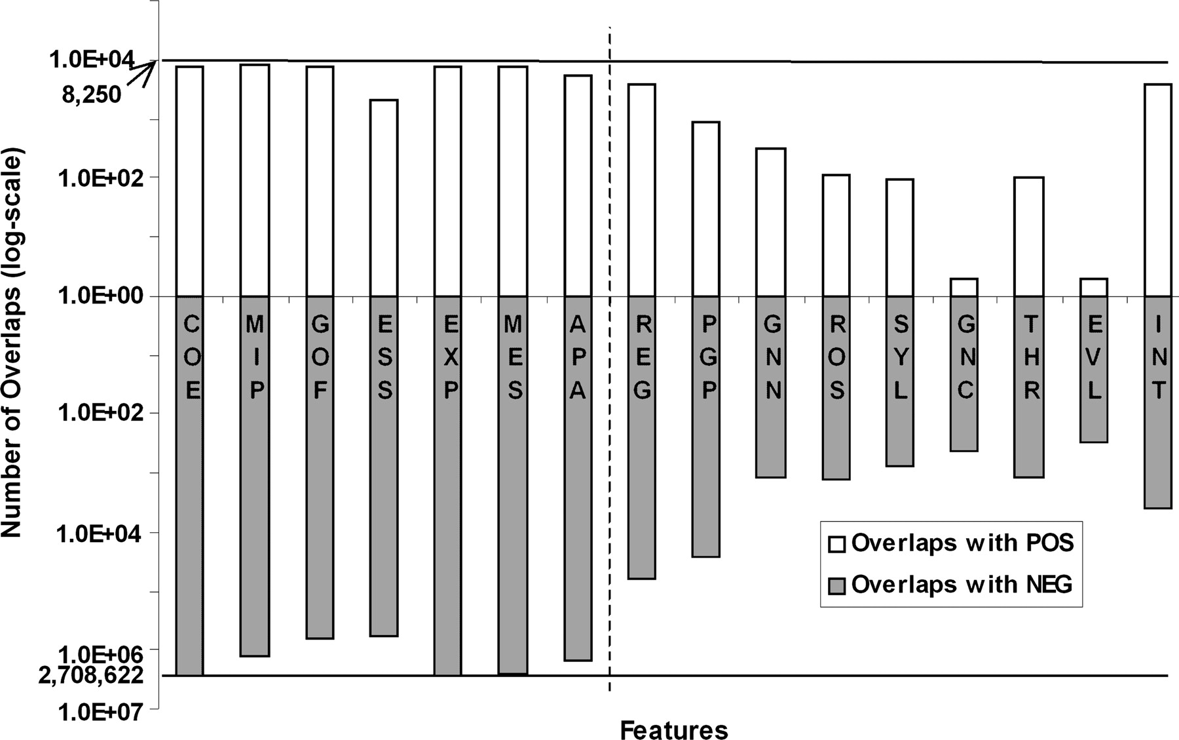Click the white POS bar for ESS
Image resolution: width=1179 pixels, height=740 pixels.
pyautogui.click(x=384, y=198)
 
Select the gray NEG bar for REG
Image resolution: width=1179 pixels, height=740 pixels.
pyautogui.click(x=642, y=438)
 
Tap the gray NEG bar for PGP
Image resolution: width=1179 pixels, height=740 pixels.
pyautogui.click(x=706, y=427)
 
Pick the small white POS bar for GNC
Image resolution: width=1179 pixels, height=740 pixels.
pyautogui.click(x=964, y=287)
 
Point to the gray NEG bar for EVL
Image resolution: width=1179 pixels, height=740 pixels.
pyautogui.click(x=1094, y=369)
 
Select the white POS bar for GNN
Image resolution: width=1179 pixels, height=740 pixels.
pyautogui.click(x=771, y=222)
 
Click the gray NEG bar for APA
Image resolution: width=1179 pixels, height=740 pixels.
pyautogui.click(x=578, y=478)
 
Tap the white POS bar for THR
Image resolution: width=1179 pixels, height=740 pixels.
pyautogui.click(x=1029, y=237)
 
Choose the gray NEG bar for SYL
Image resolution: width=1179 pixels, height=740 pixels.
pyautogui.click(x=900, y=381)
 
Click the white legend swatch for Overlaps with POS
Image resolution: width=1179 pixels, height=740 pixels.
pyautogui.click(x=836, y=544)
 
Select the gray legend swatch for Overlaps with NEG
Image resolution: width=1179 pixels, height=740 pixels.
pyautogui.click(x=836, y=585)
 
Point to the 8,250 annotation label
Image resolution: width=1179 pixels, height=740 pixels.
pyautogui.click(x=92, y=96)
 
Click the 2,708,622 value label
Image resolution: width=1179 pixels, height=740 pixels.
pyautogui.click(x=91, y=675)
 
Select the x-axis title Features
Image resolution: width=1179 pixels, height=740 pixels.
pyautogui.click(x=674, y=730)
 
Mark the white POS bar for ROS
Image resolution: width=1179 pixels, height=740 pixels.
pyautogui.click(x=836, y=235)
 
